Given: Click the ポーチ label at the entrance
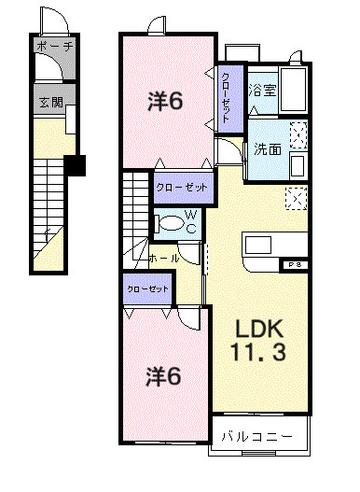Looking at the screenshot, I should pos(54,45).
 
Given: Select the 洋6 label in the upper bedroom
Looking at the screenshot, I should pos(165,101).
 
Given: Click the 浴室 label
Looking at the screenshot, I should pos(262,91).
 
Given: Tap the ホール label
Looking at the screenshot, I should pos(164,257).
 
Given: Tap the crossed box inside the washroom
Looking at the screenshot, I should pos(298,136).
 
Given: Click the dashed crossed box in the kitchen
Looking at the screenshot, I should pos(296,198).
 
